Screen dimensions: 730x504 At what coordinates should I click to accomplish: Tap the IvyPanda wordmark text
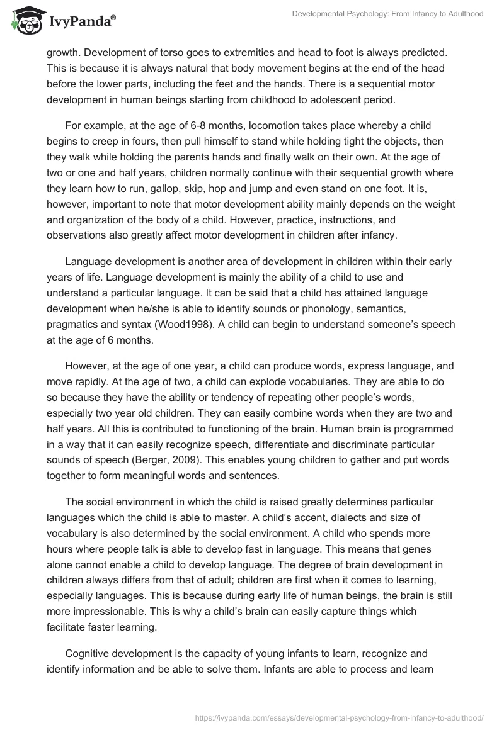(x=80, y=20)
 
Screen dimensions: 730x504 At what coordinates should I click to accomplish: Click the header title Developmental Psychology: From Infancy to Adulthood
(x=388, y=13)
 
